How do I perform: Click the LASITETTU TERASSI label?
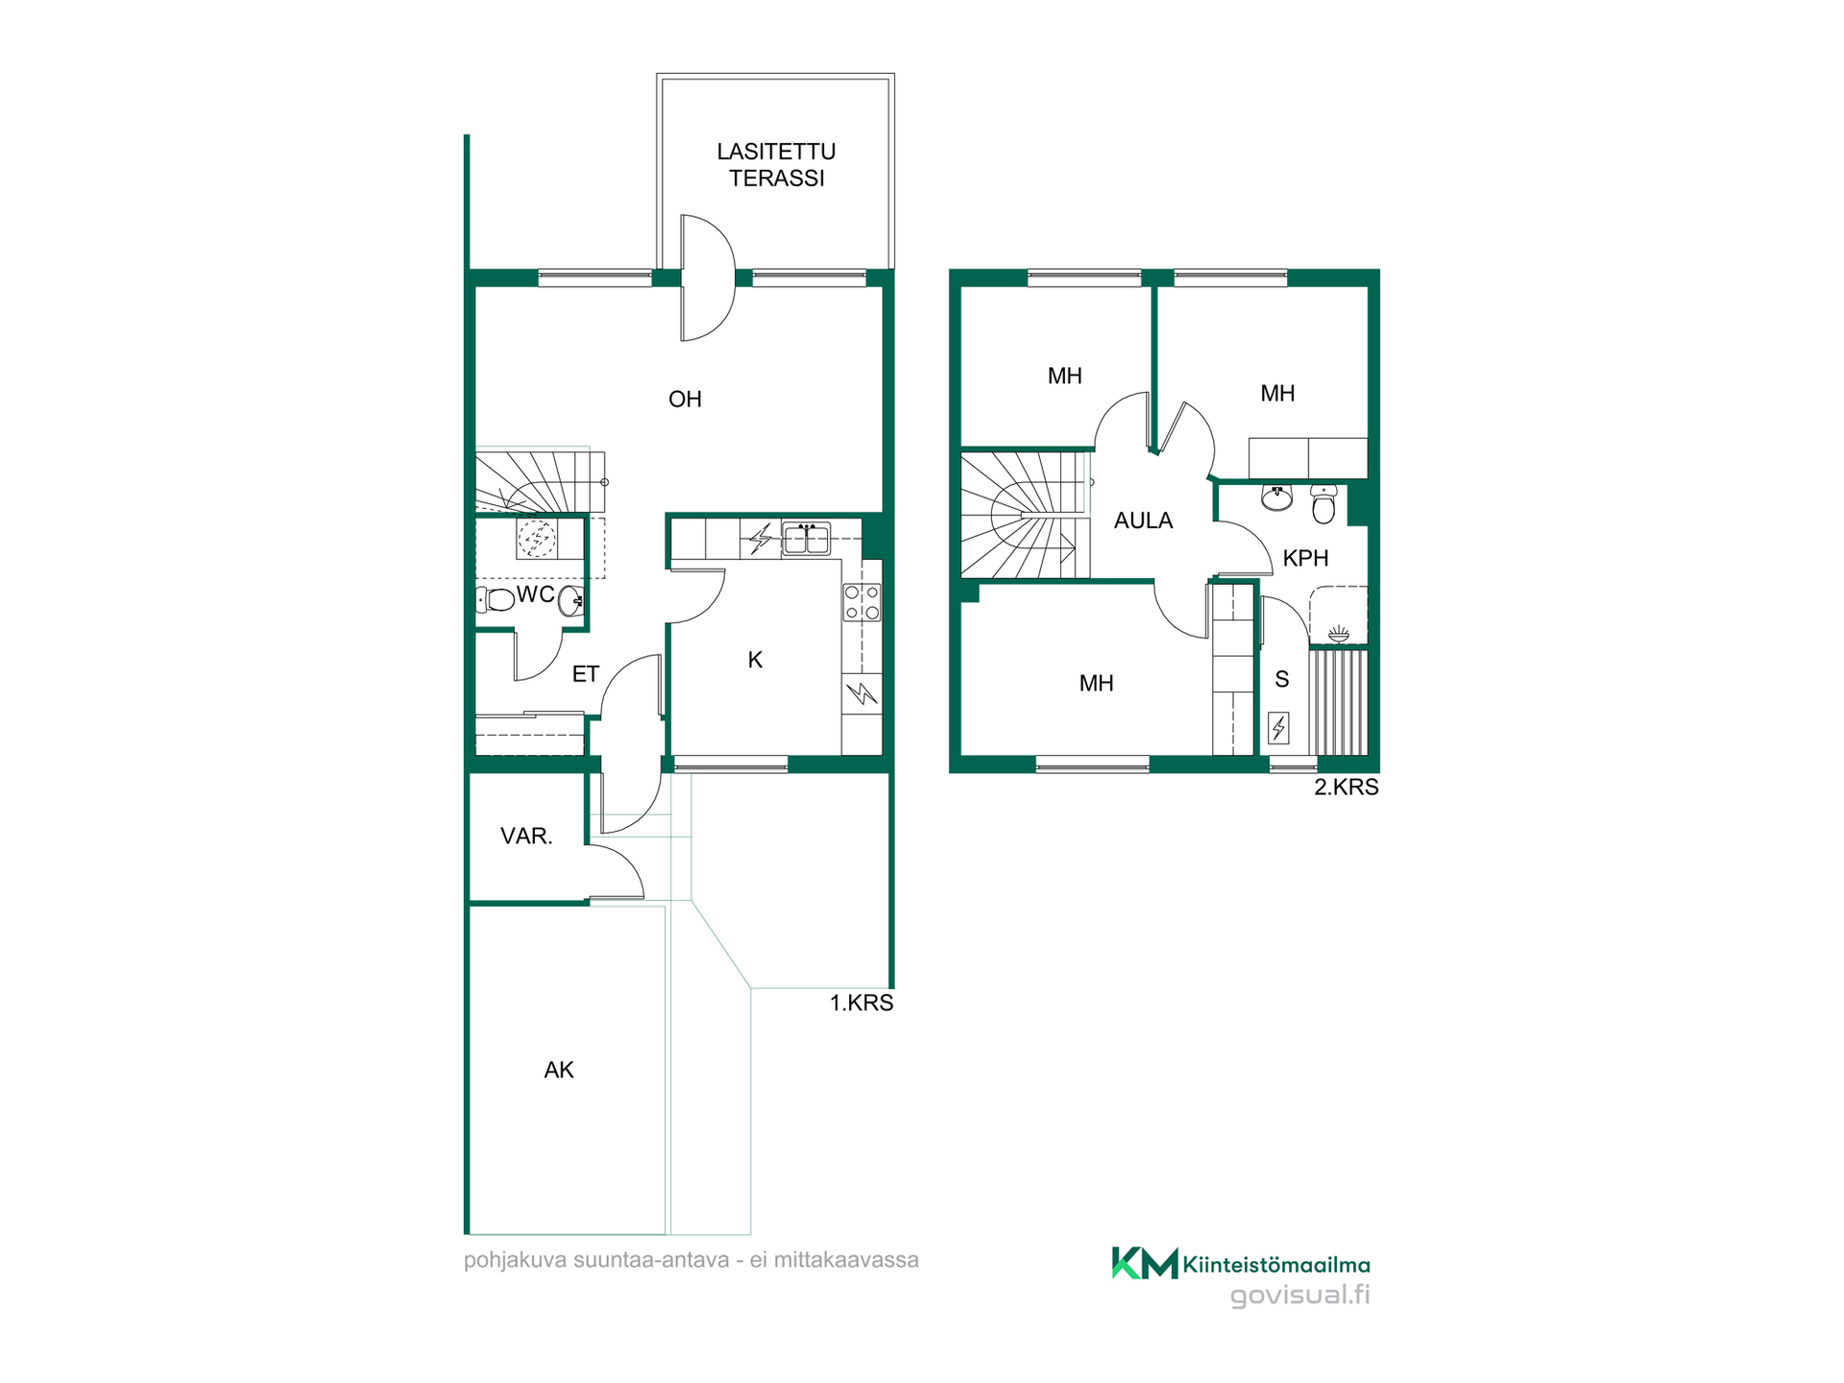(x=776, y=164)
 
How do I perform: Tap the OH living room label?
(x=685, y=399)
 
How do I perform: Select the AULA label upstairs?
(x=1143, y=521)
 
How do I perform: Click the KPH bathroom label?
(x=1305, y=558)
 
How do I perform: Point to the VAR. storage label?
(x=526, y=836)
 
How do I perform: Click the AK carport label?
(x=559, y=1070)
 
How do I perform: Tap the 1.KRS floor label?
(x=861, y=1003)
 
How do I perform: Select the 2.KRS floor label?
(x=1346, y=787)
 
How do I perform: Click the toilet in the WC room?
(x=496, y=600)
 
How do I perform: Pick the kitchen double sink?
(x=807, y=539)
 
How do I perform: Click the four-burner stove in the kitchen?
(x=861, y=603)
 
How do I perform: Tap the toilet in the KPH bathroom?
(x=1323, y=504)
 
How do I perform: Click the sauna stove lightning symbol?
(x=1278, y=728)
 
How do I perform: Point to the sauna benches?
(x=1338, y=702)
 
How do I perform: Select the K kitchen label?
(x=755, y=660)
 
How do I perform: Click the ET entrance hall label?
(x=585, y=674)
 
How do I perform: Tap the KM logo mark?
(x=1145, y=1263)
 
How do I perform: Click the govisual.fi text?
(x=1300, y=1295)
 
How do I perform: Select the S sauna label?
(x=1281, y=680)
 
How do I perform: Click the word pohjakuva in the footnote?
(x=515, y=1260)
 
